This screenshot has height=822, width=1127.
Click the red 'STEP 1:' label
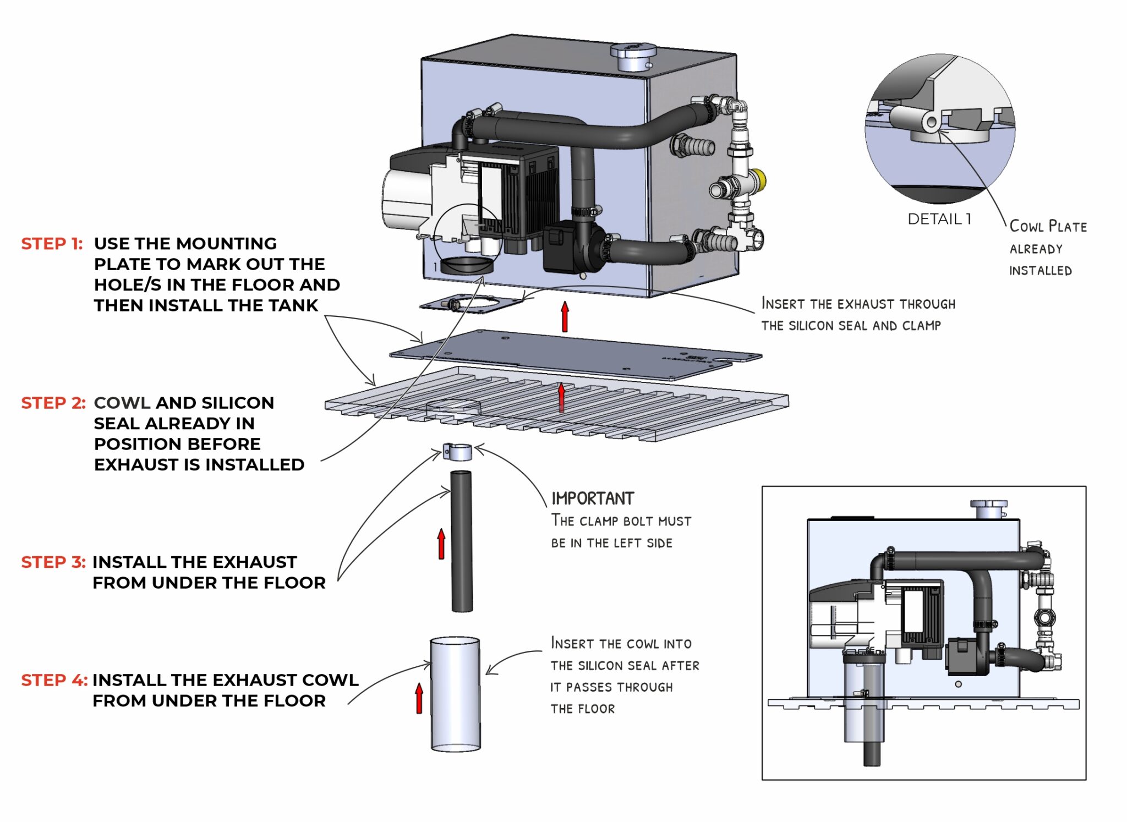[52, 244]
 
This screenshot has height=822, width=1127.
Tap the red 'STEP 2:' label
[53, 403]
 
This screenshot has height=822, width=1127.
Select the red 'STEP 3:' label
[53, 562]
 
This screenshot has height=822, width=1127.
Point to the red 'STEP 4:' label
[54, 680]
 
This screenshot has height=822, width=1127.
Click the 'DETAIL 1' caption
[939, 219]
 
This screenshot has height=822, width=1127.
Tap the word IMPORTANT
[593, 498]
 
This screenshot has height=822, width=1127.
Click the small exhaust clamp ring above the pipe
[457, 452]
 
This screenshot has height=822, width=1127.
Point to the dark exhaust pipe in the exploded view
[462, 541]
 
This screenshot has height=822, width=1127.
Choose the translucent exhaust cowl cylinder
[455, 694]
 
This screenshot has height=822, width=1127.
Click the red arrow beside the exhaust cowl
[419, 698]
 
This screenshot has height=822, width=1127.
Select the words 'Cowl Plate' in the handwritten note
[1048, 226]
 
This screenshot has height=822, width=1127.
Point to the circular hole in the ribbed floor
[453, 407]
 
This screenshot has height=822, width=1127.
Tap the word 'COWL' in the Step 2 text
[122, 403]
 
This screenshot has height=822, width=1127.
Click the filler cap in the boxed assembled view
[988, 508]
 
